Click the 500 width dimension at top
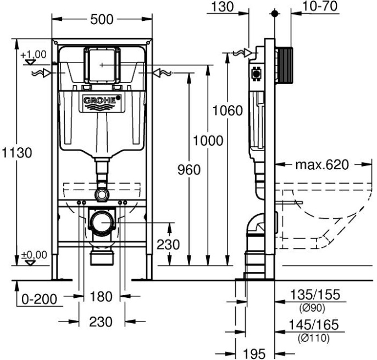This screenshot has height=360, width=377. click(102, 19)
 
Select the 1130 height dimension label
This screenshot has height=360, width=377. click(17, 152)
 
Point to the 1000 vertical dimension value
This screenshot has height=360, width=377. click(208, 141)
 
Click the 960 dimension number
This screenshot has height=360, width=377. click(189, 170)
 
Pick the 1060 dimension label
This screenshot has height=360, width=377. click(228, 110)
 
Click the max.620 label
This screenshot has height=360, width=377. click(322, 165)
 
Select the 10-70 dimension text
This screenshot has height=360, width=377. click(320, 6)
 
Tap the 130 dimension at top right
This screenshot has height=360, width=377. click(223, 7)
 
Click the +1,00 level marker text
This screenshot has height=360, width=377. click(34, 54)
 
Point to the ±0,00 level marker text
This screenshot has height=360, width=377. click(34, 255)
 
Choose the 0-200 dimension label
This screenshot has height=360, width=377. click(40, 299)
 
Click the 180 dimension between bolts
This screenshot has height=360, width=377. click(101, 296)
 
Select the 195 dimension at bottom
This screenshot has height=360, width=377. click(254, 354)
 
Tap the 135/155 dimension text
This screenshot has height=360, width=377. click(315, 295)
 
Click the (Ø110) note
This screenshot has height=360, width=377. click(314, 338)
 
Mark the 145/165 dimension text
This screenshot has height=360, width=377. click(313, 325)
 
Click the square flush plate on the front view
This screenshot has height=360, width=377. click(102, 65)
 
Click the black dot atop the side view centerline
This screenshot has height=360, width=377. click(275, 14)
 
